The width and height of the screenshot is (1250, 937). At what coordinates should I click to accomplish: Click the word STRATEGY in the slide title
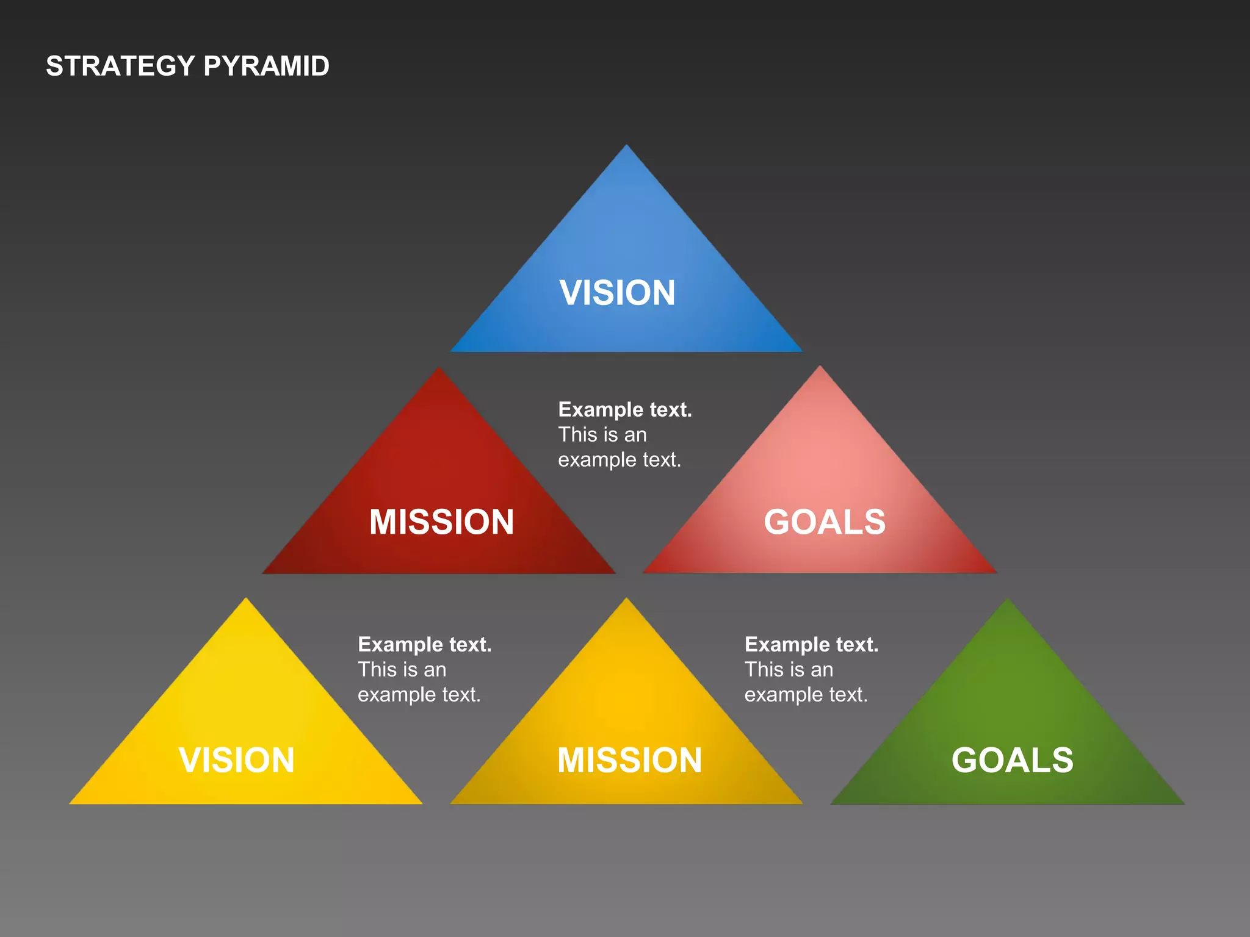click(x=120, y=66)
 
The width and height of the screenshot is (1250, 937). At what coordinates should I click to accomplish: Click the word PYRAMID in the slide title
click(x=266, y=66)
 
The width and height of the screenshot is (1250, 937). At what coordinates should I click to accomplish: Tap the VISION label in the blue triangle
click(x=617, y=293)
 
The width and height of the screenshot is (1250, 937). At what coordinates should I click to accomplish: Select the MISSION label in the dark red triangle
click(x=441, y=522)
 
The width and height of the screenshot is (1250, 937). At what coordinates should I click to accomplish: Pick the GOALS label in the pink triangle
click(x=825, y=522)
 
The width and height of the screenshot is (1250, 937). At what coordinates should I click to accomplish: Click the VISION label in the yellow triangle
click(x=237, y=760)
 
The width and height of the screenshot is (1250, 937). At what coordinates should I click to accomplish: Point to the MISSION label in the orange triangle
click(x=629, y=760)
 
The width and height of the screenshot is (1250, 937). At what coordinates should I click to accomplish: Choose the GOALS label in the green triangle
click(x=1012, y=760)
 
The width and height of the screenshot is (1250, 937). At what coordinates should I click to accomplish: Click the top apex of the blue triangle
click(x=626, y=146)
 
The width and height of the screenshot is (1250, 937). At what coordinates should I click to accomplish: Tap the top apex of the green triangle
click(x=1008, y=600)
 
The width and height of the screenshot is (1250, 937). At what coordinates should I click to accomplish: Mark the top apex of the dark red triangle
click(x=438, y=368)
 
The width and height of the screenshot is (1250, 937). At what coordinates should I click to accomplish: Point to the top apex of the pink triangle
click(x=820, y=367)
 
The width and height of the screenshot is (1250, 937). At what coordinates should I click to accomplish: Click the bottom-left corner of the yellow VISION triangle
click(x=71, y=803)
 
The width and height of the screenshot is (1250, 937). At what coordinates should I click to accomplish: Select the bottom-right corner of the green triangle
click(x=1183, y=803)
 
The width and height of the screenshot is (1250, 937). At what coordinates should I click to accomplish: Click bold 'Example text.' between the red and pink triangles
click(x=625, y=409)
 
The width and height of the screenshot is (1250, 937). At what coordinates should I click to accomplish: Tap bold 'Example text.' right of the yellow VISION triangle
click(x=425, y=644)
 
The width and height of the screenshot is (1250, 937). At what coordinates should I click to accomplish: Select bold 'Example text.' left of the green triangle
click(x=811, y=644)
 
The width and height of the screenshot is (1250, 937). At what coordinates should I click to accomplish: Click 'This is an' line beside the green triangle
click(x=789, y=670)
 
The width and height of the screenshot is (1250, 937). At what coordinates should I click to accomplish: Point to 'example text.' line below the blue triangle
click(x=619, y=459)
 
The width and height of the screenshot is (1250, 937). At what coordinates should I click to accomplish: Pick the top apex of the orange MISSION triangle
click(x=626, y=599)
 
